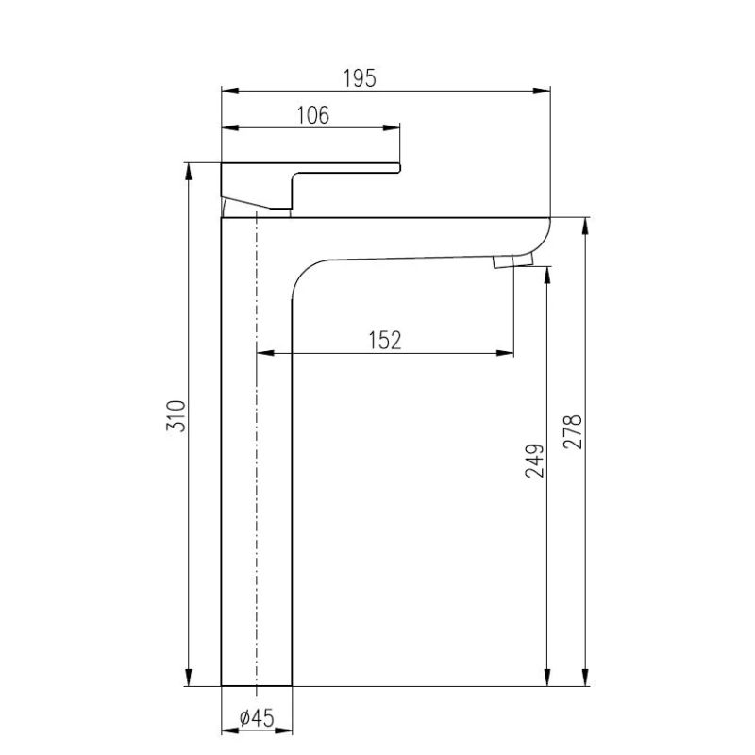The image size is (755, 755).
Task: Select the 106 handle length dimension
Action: point(312,115)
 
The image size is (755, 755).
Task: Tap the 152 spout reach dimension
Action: point(385,341)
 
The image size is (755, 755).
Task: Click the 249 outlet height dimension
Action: point(534,461)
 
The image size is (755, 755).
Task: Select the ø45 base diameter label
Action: point(257,717)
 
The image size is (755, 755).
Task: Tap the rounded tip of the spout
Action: point(546,230)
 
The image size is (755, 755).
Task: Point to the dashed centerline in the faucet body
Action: point(257,453)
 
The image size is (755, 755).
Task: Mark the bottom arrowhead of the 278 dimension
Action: point(586,679)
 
